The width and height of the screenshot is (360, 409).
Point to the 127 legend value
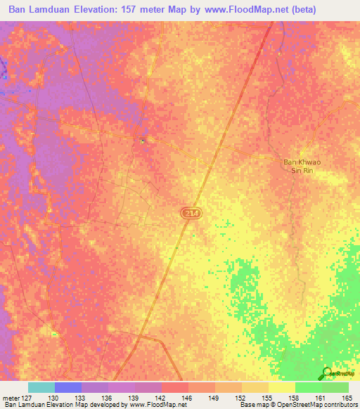point(27,397)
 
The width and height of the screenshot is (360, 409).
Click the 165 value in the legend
point(348,397)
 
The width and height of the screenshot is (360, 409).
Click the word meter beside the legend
point(10,397)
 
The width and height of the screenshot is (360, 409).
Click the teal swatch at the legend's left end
point(41,387)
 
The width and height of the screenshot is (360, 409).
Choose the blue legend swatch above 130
point(67,387)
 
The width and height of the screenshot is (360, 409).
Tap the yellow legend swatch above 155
point(281,387)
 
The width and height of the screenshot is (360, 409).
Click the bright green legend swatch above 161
point(308,387)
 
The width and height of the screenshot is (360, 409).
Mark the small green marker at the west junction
point(142,141)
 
